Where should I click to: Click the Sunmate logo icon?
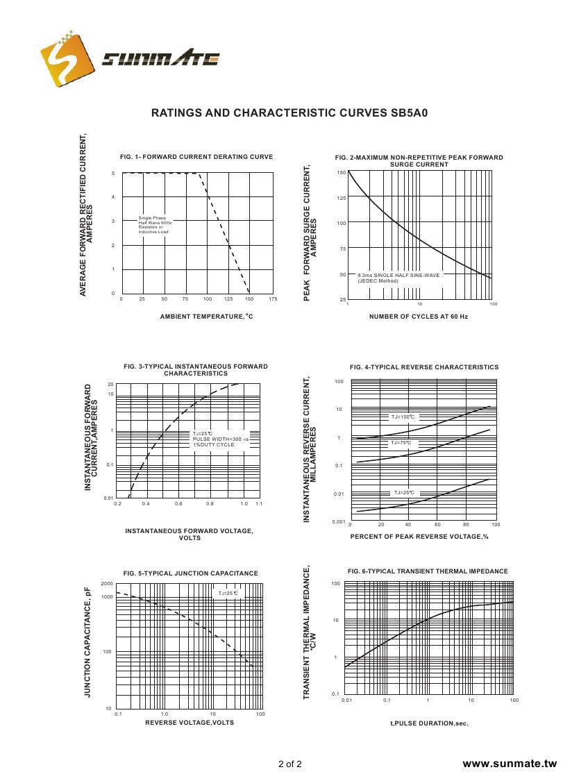67,56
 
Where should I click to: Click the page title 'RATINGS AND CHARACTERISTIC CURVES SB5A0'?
289,112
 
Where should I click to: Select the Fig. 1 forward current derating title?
196,157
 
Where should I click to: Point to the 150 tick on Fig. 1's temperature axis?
249,299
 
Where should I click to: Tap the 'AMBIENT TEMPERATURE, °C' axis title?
206,317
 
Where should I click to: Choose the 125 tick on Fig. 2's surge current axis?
342,198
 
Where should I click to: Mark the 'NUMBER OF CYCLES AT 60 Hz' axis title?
419,317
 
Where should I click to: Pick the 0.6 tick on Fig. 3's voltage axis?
178,503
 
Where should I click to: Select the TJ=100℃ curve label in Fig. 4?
403,417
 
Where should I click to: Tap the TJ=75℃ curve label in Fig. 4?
401,442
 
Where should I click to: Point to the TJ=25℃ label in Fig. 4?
403,493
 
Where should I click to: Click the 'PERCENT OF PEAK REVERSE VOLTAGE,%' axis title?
419,537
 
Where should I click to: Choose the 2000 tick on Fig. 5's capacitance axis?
107,584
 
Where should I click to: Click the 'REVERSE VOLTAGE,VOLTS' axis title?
190,723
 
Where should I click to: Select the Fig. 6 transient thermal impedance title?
428,571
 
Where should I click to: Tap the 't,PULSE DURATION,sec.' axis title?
429,723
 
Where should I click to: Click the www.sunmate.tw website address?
510,764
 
